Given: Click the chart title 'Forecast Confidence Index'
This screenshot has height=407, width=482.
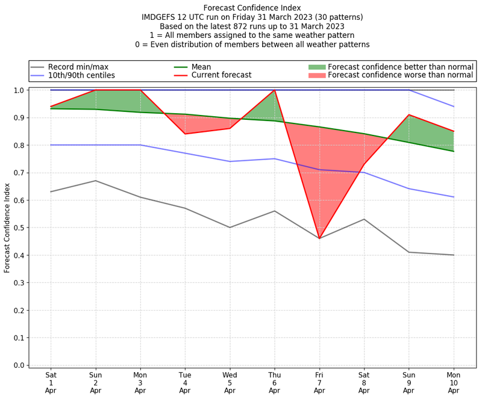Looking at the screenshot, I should (x=252, y=8).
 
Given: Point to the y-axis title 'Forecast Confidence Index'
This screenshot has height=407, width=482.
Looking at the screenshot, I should (x=8, y=227).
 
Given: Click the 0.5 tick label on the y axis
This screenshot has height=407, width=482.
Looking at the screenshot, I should (x=18, y=228).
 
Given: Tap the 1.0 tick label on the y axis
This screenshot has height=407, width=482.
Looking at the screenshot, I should (x=18, y=90).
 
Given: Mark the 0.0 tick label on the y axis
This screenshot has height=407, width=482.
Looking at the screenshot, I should (x=18, y=365).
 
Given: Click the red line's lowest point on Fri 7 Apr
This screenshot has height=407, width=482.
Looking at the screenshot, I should (x=319, y=238).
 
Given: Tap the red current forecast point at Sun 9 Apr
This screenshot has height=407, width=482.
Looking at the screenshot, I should (x=409, y=114).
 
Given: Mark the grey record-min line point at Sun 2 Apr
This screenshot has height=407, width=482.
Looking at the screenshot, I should (x=95, y=181).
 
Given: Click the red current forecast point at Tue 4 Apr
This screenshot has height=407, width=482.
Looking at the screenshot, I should (x=185, y=134).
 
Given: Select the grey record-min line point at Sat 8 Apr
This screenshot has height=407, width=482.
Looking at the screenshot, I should (x=364, y=219).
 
